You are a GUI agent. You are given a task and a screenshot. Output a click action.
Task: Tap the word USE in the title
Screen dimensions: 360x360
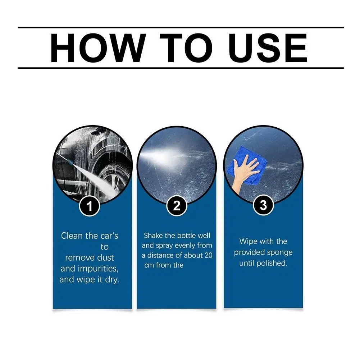[x=268, y=48]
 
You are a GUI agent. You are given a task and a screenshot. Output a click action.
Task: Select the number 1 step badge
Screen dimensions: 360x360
[x=89, y=206]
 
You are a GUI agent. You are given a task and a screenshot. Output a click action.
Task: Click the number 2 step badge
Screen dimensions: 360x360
[x=177, y=206]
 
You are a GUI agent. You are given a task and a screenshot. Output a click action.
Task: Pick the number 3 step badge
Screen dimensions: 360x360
[x=263, y=205]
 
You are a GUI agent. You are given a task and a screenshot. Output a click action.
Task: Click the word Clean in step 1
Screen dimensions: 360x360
[x=72, y=236]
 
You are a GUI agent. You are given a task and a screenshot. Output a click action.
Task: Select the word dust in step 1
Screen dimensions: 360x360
[x=105, y=258]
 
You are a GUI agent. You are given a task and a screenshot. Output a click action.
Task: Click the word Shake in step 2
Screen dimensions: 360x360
[x=153, y=236]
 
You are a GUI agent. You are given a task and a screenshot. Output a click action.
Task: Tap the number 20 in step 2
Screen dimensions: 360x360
[x=208, y=255]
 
